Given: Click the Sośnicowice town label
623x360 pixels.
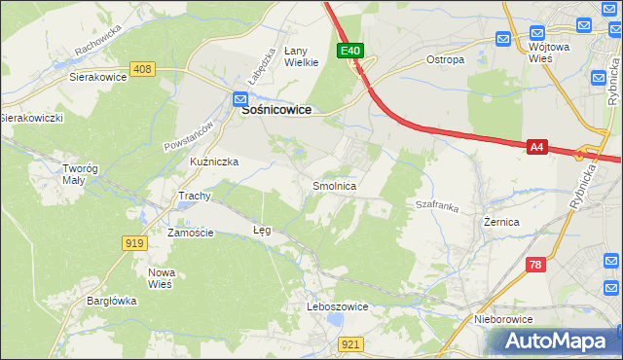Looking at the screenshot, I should pyautogui.click(x=275, y=111).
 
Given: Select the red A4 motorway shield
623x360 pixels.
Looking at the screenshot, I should pyautogui.click(x=536, y=147).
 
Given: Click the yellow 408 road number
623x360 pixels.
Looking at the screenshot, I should pyautogui.click(x=142, y=68).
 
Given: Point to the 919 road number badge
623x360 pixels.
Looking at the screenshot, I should pyautogui.click(x=134, y=243).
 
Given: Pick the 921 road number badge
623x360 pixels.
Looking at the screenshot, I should pyautogui.click(x=351, y=343).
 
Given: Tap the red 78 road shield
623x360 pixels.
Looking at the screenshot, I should pyautogui.click(x=534, y=265).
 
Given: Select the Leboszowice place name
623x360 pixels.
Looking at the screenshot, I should pyautogui.click(x=337, y=306).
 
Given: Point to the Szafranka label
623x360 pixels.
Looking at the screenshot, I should pyautogui.click(x=436, y=206).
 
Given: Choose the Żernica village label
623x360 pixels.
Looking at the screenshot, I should pyautogui.click(x=500, y=222).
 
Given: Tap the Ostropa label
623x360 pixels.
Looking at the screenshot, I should pyautogui.click(x=445, y=59).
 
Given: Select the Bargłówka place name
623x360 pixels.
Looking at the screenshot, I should pyautogui.click(x=110, y=301).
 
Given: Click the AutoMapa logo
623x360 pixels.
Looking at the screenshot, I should pyautogui.click(x=559, y=342).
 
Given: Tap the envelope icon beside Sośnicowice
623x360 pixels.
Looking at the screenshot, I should pyautogui.click(x=239, y=97).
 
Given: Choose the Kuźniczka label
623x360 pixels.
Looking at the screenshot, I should pyautogui.click(x=214, y=162).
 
